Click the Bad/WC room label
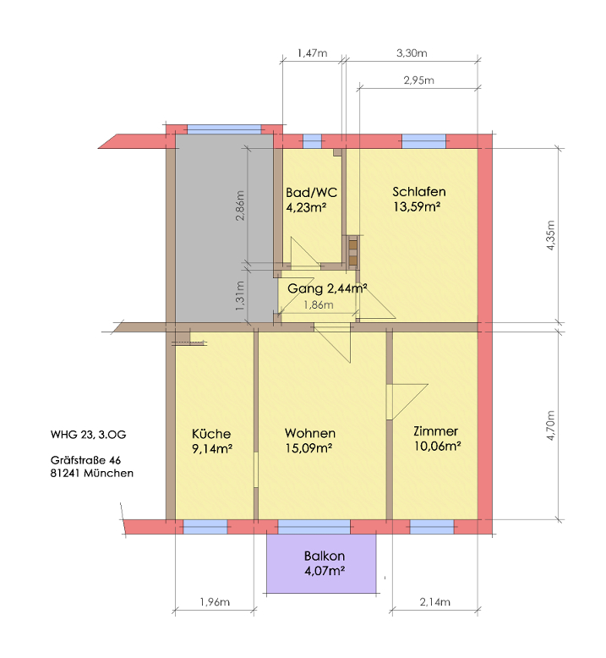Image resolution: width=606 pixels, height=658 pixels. click(311, 193)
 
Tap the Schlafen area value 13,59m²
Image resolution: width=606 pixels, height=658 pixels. click(417, 207)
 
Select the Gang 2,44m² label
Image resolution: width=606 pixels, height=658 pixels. click(327, 288)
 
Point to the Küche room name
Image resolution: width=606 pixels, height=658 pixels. click(211, 434)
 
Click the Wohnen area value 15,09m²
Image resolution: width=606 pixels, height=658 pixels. click(309, 448)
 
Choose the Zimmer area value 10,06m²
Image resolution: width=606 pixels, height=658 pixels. click(438, 446)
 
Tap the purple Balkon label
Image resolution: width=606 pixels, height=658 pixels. click(325, 556)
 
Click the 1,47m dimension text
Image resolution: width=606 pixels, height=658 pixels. click(312, 53)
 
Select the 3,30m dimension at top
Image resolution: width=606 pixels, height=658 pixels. click(412, 53)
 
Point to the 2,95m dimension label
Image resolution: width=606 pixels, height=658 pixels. click(418, 80)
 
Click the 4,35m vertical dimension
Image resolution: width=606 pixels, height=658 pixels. click(551, 235)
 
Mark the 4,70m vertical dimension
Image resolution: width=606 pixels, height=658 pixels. click(551, 425)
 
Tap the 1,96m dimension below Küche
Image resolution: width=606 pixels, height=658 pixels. click(215, 602)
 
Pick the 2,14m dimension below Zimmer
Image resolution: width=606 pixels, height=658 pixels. click(435, 602)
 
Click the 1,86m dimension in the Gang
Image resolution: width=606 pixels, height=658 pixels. click(319, 305)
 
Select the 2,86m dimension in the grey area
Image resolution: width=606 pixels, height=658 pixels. click(239, 206)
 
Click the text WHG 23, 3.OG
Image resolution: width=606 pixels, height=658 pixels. click(88, 435)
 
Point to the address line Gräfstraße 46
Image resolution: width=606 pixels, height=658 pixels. click(85, 460)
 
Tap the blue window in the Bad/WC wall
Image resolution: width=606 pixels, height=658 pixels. click(312, 141)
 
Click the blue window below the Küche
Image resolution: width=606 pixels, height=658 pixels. click(205, 527)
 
